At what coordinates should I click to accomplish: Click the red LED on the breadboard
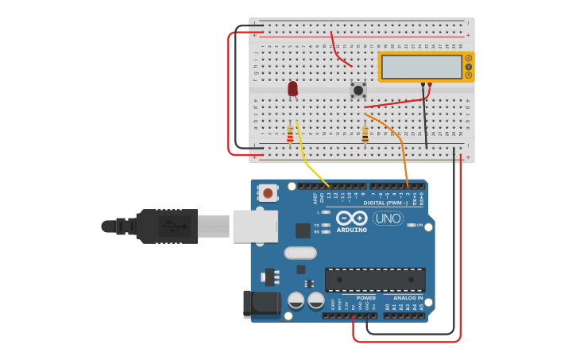292,88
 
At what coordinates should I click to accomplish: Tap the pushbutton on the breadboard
358,91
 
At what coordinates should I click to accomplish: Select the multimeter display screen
421,67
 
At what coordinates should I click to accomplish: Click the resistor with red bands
290,134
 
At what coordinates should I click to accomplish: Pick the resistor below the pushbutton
365,134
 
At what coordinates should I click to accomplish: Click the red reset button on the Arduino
269,192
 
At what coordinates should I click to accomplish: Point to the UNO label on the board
388,219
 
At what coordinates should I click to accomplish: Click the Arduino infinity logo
350,218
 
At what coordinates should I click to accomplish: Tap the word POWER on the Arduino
365,298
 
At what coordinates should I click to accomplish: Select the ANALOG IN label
408,298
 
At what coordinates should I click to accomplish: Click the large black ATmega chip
375,280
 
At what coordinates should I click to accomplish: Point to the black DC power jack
265,303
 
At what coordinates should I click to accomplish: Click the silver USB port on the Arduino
254,226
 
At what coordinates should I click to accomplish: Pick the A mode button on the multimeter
469,58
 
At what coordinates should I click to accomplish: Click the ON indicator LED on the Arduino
412,225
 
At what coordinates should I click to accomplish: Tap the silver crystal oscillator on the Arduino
300,253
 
